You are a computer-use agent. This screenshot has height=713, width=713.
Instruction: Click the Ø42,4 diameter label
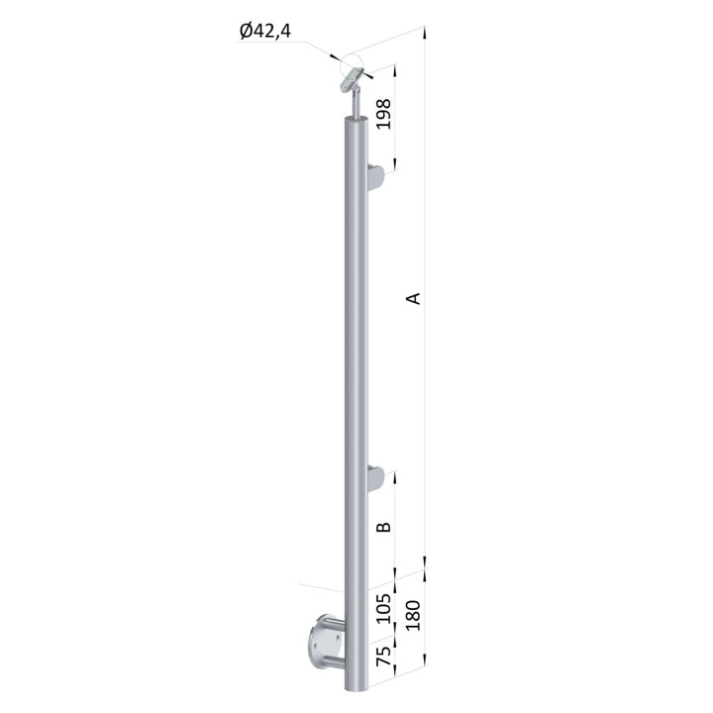pos(265,32)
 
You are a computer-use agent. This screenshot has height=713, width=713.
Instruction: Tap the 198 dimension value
pos(384,114)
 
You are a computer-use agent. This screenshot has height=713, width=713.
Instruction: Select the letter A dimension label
pos(413,298)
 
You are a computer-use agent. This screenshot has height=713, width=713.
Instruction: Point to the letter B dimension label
pos(384,527)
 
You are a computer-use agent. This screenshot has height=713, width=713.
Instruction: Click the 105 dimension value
pos(384,608)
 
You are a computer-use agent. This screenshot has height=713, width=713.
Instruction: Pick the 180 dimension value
pos(413,615)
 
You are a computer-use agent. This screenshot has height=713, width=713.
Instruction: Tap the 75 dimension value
pos(384,656)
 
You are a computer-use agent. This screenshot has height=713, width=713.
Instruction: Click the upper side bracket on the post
pos(376,177)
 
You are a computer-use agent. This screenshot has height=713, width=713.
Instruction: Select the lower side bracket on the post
pos(376,478)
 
